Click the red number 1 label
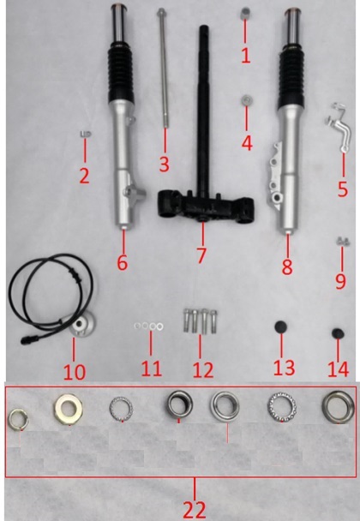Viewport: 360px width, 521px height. (246, 56)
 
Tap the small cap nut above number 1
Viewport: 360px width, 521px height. (246, 14)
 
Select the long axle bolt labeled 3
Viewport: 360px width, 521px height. (163, 68)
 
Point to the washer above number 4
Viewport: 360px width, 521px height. (246, 100)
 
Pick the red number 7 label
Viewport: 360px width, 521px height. (201, 255)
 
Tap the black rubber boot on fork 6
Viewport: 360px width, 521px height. (121, 76)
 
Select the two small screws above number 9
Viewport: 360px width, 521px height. (343, 242)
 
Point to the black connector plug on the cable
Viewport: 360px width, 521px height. (30, 340)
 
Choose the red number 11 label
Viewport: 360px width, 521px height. (151, 368)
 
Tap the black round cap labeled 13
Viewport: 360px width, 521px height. (281, 326)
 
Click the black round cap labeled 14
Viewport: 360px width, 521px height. (338, 333)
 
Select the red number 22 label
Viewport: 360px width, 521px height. (195, 509)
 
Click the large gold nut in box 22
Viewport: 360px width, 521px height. (69, 409)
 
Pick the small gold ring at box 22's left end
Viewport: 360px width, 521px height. (18, 420)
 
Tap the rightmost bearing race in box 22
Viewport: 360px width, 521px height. (338, 407)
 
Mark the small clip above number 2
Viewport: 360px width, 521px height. (86, 135)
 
